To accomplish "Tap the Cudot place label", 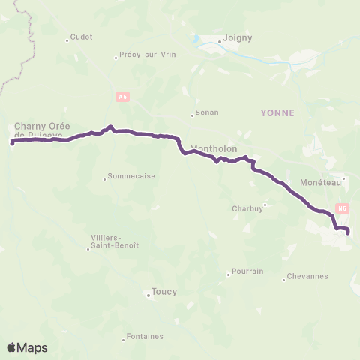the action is (x=81, y=38).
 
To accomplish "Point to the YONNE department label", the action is (x=277, y=112).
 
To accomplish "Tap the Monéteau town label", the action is (x=320, y=182).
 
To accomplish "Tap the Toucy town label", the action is (x=164, y=291).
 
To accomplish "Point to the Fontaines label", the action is (x=145, y=336).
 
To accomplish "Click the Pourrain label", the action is (x=247, y=271).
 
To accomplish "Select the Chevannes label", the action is (x=308, y=276).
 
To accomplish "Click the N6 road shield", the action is (x=343, y=208).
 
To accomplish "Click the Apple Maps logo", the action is (x=27, y=347).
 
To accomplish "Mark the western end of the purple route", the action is (x=13, y=141).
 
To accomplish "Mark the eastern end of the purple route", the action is (x=349, y=232).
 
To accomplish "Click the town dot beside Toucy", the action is (x=148, y=295).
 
